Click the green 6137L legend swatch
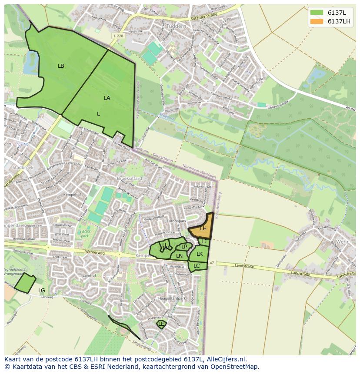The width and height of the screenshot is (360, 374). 317,13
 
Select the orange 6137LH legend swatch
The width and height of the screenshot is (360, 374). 317,22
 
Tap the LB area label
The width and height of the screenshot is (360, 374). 61,66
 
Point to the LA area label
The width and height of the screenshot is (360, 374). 107,98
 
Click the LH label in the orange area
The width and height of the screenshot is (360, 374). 203,228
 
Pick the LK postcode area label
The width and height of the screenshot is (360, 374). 200,254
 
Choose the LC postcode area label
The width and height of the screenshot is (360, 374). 197,266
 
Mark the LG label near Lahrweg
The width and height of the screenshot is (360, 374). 42,290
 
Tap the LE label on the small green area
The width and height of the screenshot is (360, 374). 161,324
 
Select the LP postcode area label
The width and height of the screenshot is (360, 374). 184,247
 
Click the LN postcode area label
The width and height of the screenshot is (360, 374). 179,256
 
